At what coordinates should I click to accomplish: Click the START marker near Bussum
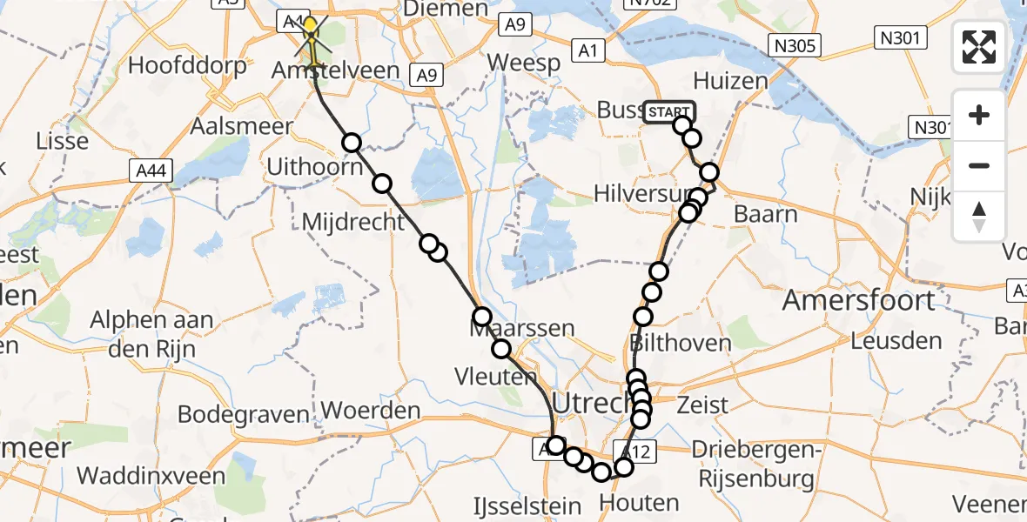[669, 112]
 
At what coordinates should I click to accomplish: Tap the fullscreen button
[979, 47]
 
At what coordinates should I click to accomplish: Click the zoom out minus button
[979, 165]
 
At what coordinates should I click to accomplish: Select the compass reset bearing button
[979, 217]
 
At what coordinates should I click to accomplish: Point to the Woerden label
[371, 410]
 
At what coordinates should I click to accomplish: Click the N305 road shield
[796, 45]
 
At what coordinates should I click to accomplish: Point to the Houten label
[639, 503]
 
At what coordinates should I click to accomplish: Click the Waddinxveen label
[151, 476]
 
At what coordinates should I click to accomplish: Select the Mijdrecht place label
[353, 222]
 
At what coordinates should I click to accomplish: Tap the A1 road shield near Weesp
[588, 52]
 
